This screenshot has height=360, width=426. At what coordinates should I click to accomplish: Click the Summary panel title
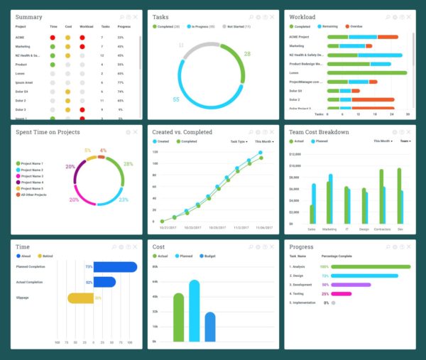pos(28,17)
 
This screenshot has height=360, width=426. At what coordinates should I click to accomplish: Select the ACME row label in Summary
pos(21,37)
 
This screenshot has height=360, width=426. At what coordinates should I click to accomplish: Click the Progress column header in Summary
pos(124,27)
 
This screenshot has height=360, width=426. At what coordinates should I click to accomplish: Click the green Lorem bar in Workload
pos(368,72)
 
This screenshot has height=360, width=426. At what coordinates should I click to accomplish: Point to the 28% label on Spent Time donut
pos(128,164)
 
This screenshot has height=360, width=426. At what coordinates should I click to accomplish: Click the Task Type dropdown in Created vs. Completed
pos(238,141)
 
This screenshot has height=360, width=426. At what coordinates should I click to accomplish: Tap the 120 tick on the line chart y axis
pos(155,152)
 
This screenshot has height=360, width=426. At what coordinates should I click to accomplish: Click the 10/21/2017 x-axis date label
pos(168,228)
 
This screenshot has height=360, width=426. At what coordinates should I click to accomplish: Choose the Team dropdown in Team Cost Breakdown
pos(405,141)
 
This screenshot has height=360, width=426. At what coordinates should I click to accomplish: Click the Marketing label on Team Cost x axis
pos(329,229)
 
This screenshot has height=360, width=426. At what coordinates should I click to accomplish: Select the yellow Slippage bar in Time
pos(80,298)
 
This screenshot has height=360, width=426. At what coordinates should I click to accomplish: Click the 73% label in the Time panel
pos(89,266)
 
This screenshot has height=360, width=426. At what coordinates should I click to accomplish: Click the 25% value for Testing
pos(325,293)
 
